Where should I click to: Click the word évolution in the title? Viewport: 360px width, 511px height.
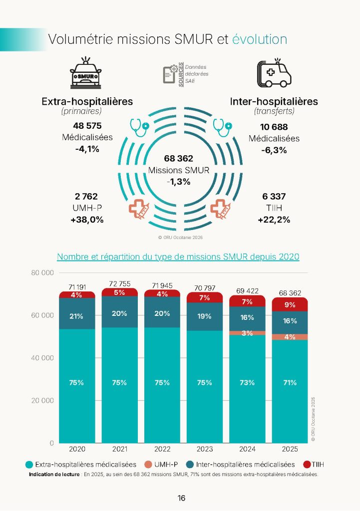coord(260,40)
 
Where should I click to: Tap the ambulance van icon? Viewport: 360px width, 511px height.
coord(274,74)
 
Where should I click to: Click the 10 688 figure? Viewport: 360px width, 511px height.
coord(274,127)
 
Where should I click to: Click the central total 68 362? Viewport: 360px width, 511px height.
coord(178,159)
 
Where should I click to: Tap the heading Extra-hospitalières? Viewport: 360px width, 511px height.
coord(87,101)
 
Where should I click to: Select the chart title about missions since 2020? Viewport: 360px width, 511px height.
coord(178,257)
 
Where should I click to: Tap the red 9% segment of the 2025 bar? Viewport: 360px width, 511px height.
coord(290,305)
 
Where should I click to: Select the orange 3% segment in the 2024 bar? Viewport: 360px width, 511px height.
coord(247,333)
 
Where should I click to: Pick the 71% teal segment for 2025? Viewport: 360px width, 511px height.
coord(290,383)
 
